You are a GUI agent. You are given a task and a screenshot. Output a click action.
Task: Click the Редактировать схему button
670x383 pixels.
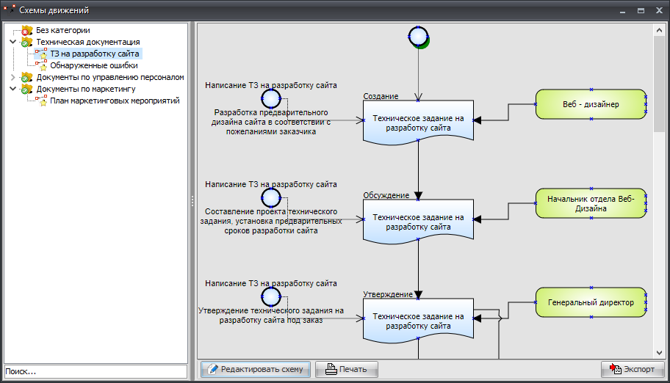coord(256,369)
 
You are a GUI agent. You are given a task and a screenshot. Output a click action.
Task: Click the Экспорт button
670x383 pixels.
coord(633,369)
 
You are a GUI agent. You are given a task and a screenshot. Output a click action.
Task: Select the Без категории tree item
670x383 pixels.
coord(63,31)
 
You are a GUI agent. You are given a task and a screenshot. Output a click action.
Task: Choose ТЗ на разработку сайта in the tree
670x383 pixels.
coord(95,54)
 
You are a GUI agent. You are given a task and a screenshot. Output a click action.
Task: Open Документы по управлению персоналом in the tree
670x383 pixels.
coord(109,77)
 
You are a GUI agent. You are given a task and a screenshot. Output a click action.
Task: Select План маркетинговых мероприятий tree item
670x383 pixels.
coord(115,101)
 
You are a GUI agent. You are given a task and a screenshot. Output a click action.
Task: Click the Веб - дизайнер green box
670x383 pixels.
coord(591,104)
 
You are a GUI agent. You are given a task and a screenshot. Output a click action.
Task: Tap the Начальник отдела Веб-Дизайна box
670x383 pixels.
coord(591,203)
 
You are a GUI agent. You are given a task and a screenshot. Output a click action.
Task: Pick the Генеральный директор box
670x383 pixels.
coord(591,302)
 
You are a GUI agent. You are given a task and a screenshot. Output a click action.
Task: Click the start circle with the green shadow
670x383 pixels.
coord(418,36)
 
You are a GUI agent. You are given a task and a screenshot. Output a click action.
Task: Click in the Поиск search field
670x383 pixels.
coord(96,372)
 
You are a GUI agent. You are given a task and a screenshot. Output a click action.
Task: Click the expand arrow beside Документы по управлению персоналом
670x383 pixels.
coord(12,77)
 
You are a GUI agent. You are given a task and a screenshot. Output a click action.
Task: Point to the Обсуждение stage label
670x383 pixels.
coord(386,195)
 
